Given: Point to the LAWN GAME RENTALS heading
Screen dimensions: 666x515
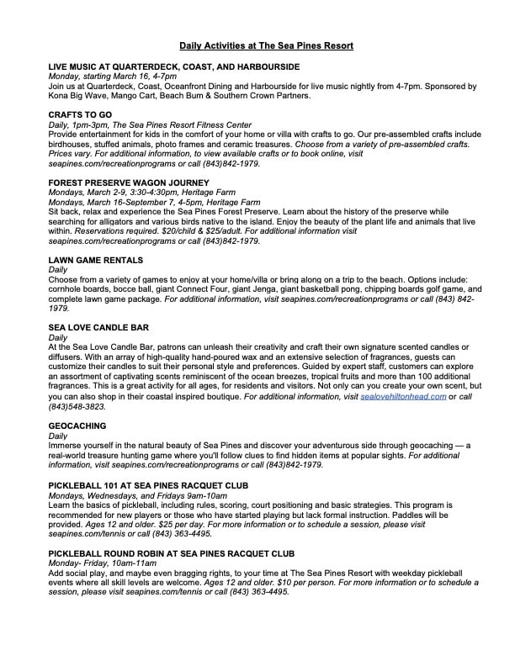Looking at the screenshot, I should [x=95, y=261].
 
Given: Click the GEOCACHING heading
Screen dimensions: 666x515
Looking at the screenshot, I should [x=78, y=426].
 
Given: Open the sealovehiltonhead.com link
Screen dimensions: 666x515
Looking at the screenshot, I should [x=403, y=397].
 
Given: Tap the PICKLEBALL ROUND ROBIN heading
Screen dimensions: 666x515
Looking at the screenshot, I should [x=171, y=555].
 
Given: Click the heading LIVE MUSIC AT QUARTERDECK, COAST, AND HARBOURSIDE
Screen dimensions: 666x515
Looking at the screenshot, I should [x=173, y=66].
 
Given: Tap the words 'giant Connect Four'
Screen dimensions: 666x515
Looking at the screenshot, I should [x=194, y=288].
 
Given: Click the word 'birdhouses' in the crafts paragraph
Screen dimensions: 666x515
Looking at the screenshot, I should [x=70, y=144].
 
